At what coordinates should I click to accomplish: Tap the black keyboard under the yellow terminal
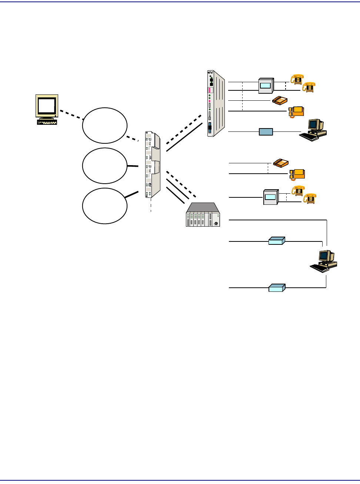47,121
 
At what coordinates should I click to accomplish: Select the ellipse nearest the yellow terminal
105,126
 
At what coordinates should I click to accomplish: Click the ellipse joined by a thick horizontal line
105,166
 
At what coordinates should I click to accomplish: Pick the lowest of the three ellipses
105,206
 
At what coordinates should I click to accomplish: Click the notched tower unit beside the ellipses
153,165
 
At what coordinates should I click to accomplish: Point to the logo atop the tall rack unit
210,73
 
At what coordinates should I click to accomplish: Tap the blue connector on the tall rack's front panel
210,128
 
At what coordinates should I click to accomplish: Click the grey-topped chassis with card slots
203,215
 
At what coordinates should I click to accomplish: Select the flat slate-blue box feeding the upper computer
266,131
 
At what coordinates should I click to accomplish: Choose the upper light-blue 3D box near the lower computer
276,241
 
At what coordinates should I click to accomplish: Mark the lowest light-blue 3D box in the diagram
276,288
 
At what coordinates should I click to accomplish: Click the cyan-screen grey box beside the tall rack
266,86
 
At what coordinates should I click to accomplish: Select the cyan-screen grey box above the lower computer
270,197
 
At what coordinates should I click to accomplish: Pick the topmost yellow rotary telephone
297,79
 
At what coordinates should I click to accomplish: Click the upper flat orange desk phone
280,100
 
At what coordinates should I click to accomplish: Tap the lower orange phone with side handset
297,174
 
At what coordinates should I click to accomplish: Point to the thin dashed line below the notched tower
151,205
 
